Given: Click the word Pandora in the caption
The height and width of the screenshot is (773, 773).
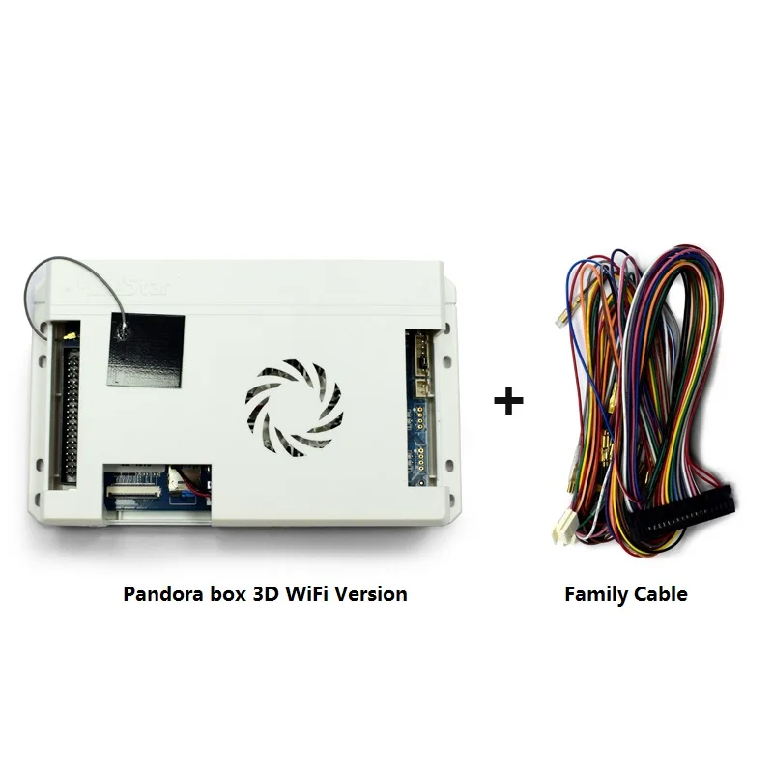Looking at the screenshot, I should click(x=160, y=593).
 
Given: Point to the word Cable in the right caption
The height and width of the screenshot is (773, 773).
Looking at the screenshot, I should click(x=658, y=594).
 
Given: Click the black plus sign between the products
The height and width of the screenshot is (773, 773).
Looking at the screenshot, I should click(x=508, y=401).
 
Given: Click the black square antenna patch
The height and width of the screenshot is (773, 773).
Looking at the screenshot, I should click(x=145, y=349).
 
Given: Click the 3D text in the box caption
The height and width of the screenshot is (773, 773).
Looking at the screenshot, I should click(x=265, y=593).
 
